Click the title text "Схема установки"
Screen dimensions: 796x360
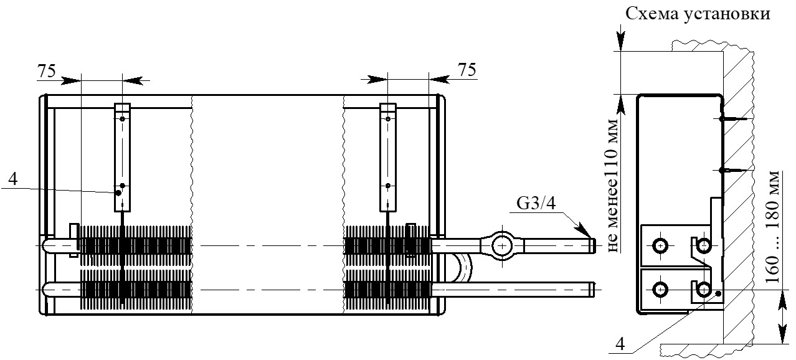coord(698,14)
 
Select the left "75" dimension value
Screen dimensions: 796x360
coord(47,71)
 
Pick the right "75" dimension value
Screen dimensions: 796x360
coord(467,70)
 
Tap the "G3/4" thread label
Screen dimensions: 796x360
coord(536,204)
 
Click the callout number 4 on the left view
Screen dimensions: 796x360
coord(13,179)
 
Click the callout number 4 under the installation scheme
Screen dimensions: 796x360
coord(620,344)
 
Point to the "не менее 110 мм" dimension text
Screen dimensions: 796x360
coord(612,185)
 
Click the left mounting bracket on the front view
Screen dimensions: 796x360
coord(122,158)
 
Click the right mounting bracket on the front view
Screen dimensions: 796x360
coord(387,158)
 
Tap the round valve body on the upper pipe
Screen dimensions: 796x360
coord(502,245)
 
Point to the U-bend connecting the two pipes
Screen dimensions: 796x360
coord(465,269)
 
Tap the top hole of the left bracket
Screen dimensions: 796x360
coord(122,119)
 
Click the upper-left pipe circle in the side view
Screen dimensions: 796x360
coord(660,245)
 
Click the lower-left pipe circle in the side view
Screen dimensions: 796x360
coord(660,290)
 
